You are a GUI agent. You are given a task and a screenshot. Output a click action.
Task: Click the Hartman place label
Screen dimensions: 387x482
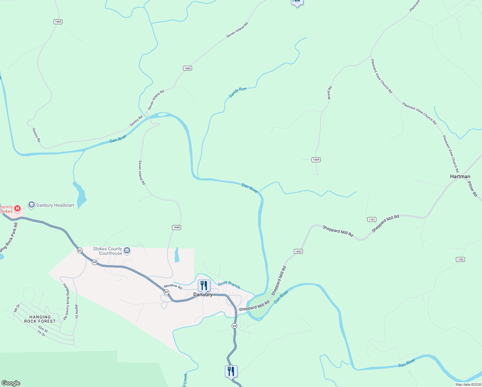(460, 176)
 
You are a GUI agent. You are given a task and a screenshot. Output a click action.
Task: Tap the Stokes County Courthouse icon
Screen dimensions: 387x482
(127, 251)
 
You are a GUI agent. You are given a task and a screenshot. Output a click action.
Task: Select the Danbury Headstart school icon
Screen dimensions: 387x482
(31, 205)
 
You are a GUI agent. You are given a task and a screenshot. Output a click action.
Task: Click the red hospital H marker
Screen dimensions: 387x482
(17, 209)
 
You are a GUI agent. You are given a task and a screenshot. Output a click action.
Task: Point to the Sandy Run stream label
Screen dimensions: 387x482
(237, 93)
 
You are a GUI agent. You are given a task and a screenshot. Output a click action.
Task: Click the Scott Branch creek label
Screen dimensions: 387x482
(229, 285)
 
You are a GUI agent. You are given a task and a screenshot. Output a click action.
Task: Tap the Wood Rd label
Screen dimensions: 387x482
(330, 93)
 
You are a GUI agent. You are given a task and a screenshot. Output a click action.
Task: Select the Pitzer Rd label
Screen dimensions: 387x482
(472, 188)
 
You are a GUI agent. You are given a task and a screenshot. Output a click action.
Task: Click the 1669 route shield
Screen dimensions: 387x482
(316, 160)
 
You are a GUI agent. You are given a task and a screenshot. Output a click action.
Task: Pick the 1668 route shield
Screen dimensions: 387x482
(176, 227)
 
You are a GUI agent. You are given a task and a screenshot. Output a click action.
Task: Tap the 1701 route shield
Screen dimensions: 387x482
(371, 220)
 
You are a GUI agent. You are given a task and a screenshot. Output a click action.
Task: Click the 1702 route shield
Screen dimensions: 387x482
(460, 259)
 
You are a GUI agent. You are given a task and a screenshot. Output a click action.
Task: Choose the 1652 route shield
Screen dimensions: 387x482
(298, 251)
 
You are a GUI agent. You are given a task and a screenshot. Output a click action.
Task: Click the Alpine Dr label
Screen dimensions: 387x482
(76, 312)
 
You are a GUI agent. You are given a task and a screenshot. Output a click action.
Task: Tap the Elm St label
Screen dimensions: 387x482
(43, 329)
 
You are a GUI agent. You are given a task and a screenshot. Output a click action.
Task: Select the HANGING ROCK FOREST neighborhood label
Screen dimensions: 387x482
(40, 319)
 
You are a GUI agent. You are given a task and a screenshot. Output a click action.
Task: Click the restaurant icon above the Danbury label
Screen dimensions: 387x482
(204, 286)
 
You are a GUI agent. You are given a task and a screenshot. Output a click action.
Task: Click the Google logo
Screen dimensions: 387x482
(11, 383)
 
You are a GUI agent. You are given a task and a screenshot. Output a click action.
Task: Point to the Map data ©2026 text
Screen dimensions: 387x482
(468, 384)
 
